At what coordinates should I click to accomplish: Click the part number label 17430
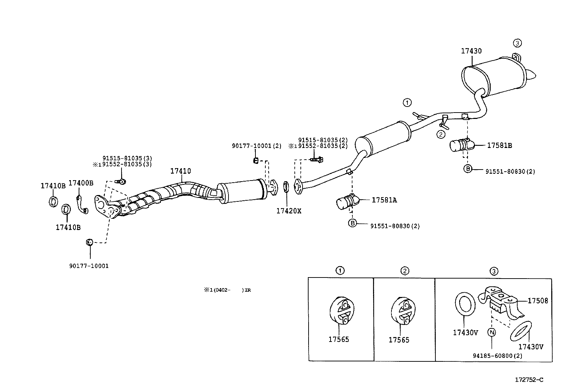471,51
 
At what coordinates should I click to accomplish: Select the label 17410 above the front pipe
181,171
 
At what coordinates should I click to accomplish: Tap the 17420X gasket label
289,211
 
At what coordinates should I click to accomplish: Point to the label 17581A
384,200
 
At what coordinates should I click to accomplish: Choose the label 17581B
500,145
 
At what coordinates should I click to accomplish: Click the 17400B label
81,183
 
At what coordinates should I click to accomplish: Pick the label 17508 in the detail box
538,301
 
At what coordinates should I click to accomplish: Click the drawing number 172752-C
529,380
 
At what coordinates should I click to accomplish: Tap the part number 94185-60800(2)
497,356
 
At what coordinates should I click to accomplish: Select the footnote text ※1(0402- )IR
227,290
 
